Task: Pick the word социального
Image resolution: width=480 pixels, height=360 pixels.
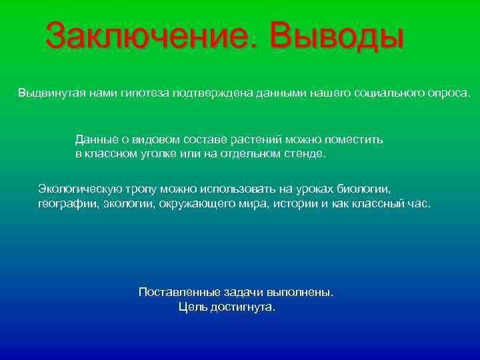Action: (x=387, y=91)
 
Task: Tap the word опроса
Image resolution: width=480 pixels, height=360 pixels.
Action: (x=446, y=92)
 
